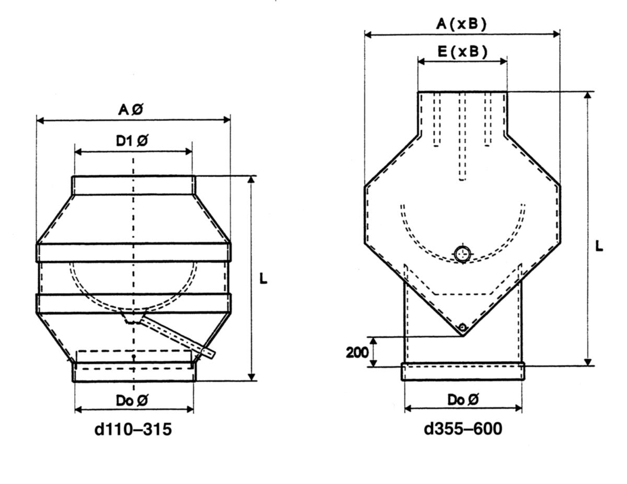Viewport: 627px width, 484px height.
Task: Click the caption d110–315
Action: click(x=133, y=429)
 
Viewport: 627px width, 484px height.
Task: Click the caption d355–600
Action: click(x=463, y=429)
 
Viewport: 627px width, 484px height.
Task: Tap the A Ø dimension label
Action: click(x=131, y=110)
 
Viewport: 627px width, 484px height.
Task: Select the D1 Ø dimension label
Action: click(x=132, y=141)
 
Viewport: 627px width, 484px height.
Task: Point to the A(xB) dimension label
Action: click(x=461, y=24)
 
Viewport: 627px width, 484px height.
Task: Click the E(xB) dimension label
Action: click(x=462, y=52)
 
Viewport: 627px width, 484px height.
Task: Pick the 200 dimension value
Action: click(x=357, y=352)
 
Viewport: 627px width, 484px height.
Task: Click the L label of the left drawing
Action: click(x=263, y=279)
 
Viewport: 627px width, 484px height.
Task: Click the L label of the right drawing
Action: click(x=599, y=246)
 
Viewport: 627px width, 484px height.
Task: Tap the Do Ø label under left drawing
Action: click(x=132, y=400)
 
